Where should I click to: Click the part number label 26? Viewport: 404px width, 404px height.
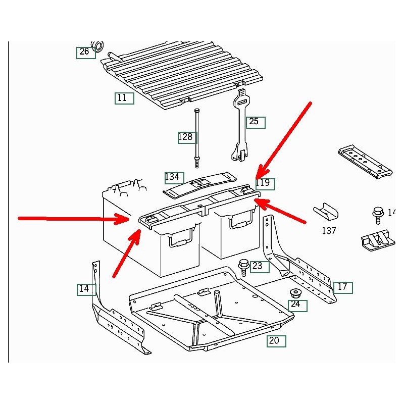coord(84,52)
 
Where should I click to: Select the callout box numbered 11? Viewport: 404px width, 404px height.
coord(122,98)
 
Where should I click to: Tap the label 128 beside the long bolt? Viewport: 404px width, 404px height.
coord(185,137)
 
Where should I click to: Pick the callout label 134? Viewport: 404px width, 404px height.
coord(172,177)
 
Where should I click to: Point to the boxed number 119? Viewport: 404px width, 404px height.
coord(264,183)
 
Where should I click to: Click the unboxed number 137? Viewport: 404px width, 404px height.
coord(329,231)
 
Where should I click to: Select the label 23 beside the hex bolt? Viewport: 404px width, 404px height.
coord(258,266)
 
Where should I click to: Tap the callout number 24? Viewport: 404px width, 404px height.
coord(295,305)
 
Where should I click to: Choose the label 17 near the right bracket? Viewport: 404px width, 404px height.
coord(342,287)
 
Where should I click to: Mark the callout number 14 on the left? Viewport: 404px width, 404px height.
coord(84,289)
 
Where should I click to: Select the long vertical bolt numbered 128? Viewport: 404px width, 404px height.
coord(196,136)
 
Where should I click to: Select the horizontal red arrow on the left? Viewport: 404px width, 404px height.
coord(71,219)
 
